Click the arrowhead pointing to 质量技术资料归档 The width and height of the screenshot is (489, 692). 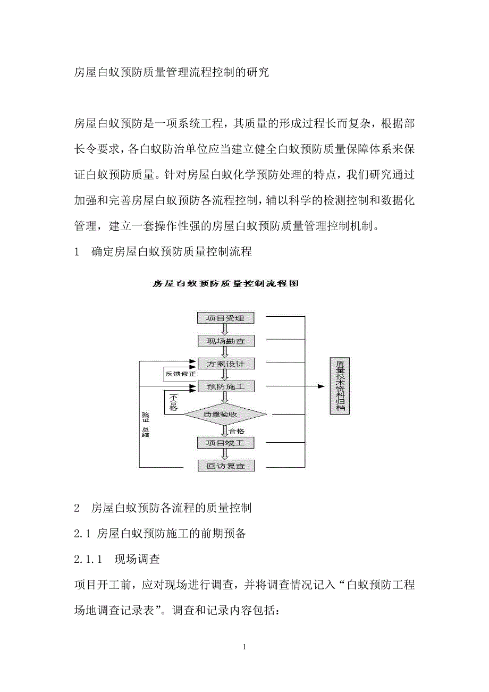click(x=321, y=386)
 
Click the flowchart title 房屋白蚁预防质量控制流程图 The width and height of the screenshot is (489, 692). click(x=226, y=284)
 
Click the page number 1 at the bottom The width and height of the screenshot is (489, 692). click(x=244, y=647)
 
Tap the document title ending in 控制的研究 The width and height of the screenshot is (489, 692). click(x=172, y=72)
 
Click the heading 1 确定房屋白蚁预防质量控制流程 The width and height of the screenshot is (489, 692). click(x=163, y=252)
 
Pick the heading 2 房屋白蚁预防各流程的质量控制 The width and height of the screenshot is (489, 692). click(x=163, y=508)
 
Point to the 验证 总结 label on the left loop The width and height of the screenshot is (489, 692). click(x=145, y=425)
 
